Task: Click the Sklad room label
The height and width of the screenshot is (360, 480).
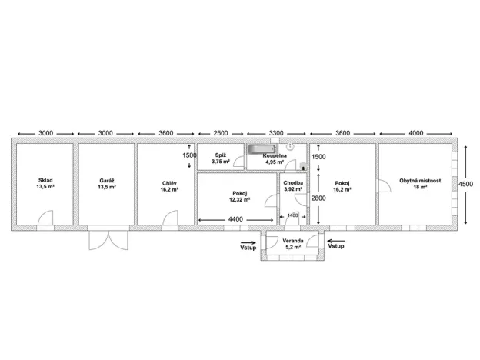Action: click(x=45, y=180)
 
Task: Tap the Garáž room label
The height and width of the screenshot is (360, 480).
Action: click(x=107, y=181)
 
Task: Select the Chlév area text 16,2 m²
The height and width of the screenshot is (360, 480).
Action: click(x=169, y=189)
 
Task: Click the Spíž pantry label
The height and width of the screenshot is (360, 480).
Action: click(x=221, y=155)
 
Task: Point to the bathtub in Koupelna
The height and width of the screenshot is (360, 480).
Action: click(x=262, y=149)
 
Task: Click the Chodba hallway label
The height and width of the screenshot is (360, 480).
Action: click(x=293, y=183)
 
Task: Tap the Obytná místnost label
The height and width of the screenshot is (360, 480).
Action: click(x=420, y=181)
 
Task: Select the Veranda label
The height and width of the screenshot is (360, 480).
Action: click(x=293, y=241)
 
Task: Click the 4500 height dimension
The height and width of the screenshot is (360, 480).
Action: click(x=465, y=184)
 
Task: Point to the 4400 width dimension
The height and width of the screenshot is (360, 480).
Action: click(x=235, y=219)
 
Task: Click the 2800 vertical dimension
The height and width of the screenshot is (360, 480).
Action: click(x=318, y=198)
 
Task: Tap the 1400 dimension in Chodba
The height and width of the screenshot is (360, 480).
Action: click(x=292, y=215)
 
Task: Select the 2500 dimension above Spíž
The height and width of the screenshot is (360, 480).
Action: click(x=221, y=133)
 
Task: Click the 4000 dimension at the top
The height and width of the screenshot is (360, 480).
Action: click(x=416, y=133)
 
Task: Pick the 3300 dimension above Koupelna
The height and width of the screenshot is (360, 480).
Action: click(x=276, y=133)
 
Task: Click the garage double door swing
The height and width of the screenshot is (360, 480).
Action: click(x=108, y=240)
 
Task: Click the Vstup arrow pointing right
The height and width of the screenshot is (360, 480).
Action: click(x=248, y=243)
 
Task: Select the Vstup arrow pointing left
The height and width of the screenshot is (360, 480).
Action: click(x=336, y=242)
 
